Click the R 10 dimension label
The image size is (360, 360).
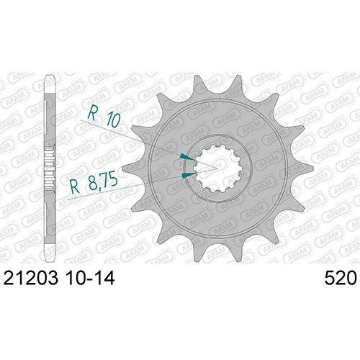[104, 117]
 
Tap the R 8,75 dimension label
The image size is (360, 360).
[94, 183]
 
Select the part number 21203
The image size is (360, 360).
[31, 279]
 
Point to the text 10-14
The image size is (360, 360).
[89, 279]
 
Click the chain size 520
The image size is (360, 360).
[341, 279]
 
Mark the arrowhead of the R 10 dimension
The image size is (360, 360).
[187, 157]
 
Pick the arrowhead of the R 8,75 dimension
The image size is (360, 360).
[189, 175]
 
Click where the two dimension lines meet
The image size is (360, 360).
[217, 168]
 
